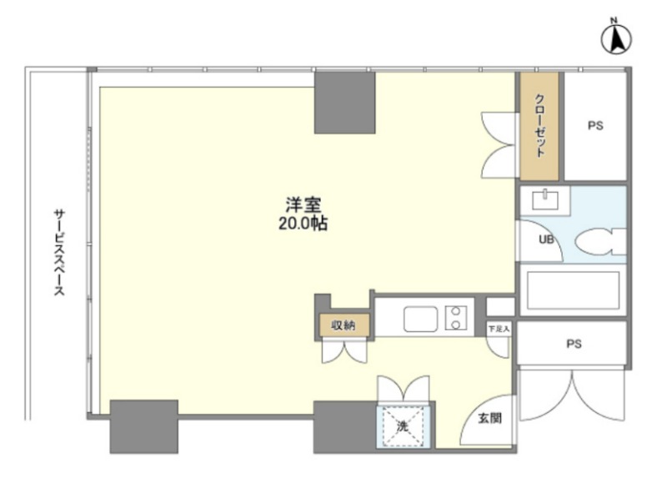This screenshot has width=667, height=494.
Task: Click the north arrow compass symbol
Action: point(616,39)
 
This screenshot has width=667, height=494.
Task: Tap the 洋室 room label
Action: point(303,204)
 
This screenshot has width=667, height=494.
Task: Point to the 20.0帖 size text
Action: point(303,223)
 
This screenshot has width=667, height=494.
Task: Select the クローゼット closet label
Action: point(539,126)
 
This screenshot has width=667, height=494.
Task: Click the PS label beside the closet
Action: point(595,126)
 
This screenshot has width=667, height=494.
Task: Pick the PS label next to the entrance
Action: point(574,344)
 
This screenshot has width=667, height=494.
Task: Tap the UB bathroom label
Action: point(546,239)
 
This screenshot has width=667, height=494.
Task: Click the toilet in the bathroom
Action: point(600,241)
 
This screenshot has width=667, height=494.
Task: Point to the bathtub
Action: point(573,290)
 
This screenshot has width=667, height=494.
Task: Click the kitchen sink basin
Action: point(420,319)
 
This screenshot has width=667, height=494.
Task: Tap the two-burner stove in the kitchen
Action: point(455,318)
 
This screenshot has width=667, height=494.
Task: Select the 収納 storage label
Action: point(344,325)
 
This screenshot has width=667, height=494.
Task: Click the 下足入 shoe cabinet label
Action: point(499,329)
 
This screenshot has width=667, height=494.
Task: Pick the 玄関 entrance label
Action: point(489,418)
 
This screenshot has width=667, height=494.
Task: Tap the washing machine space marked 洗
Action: point(404,426)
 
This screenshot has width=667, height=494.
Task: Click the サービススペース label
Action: point(59,252)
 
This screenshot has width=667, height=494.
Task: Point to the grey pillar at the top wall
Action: point(344,103)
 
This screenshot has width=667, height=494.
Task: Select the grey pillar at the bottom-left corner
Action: point(143,426)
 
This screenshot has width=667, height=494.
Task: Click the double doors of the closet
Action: point(499,145)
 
